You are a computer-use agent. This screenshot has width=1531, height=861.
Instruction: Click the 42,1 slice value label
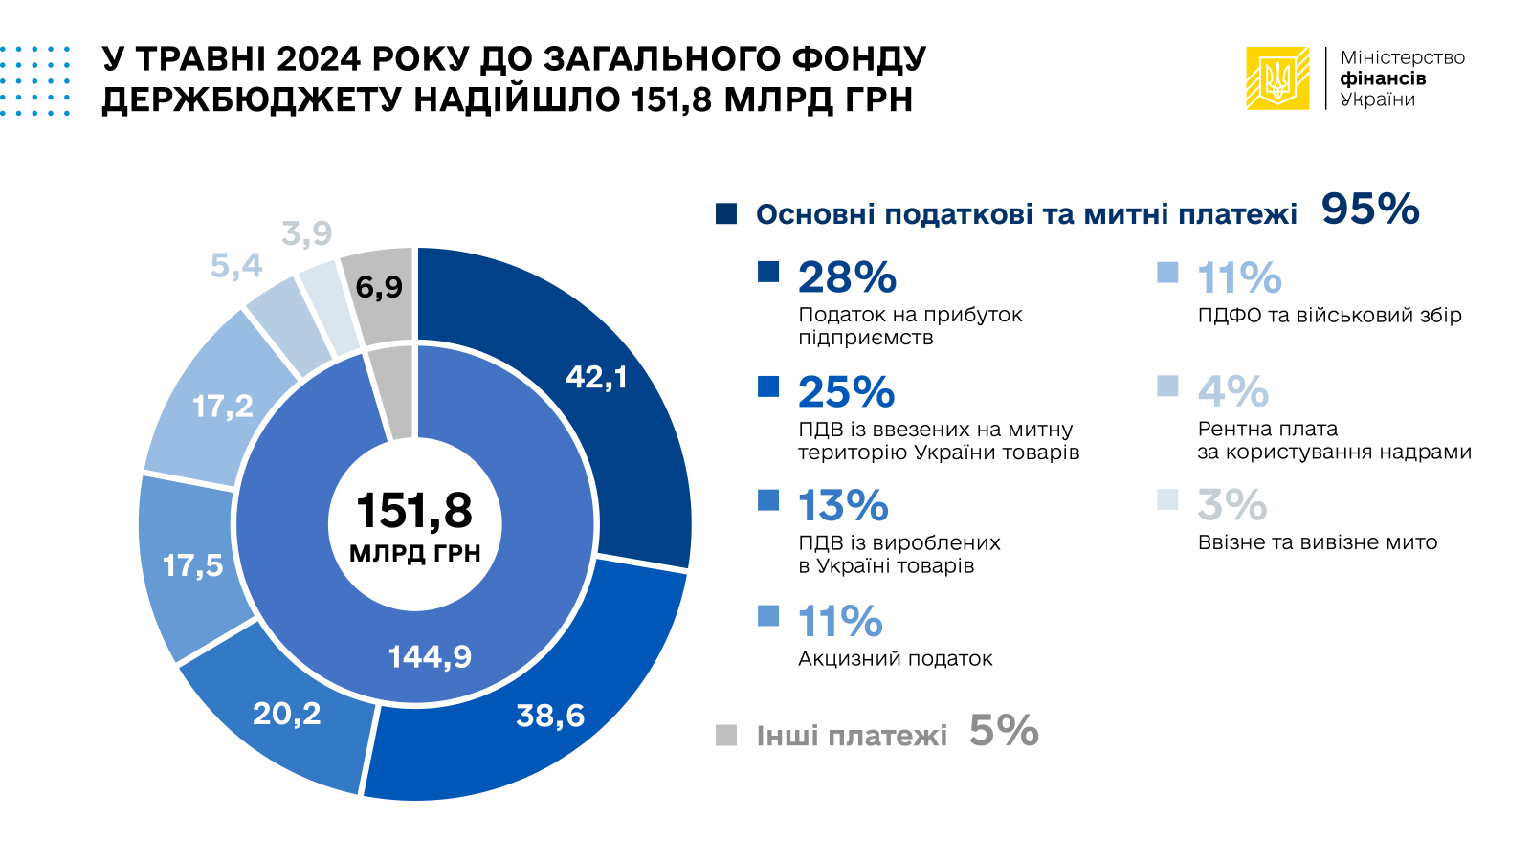pos(596,378)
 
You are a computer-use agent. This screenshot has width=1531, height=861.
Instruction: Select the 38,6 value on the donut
pos(550,716)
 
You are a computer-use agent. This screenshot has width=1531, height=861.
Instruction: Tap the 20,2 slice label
pos(287,714)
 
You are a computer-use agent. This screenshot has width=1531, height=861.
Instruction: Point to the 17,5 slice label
pos(192,565)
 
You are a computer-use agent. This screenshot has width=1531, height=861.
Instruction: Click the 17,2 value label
pos(223,407)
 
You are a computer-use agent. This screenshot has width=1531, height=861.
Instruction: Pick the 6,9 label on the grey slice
pos(379,287)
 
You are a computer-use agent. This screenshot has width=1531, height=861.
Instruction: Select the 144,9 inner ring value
pos(430,656)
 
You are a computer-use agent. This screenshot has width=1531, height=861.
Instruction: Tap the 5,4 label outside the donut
pos(236,265)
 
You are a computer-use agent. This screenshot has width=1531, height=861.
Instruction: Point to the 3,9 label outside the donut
pos(307,232)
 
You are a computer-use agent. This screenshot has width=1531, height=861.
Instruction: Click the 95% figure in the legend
pos(1370,210)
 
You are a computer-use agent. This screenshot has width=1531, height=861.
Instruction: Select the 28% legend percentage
pos(847,277)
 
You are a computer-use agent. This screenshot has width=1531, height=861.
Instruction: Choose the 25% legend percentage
pos(846,392)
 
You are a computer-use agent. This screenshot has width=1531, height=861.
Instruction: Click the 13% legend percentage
pos(843,506)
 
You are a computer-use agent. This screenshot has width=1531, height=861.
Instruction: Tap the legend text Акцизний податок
pos(896,658)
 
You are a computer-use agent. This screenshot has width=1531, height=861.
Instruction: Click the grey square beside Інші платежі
pos(726,735)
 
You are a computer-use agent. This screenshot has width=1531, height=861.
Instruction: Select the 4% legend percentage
pos(1233,391)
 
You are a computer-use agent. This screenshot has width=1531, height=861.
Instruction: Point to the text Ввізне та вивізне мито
pos(1318,542)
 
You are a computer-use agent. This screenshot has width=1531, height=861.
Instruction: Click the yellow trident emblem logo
pos(1277,78)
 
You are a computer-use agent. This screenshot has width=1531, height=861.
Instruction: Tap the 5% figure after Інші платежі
pos(1004,731)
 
